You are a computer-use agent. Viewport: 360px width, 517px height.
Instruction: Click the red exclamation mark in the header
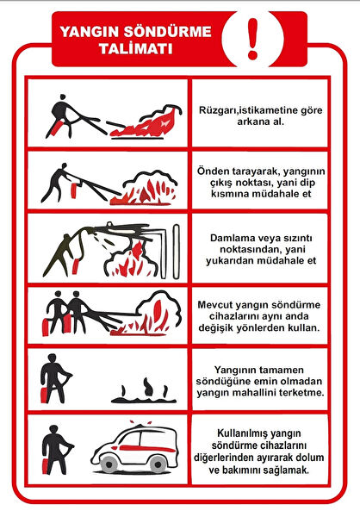(x=253, y=39)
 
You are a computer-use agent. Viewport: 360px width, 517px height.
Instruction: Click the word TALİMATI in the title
(x=135, y=49)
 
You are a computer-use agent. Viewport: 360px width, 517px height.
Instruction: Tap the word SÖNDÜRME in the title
(x=167, y=32)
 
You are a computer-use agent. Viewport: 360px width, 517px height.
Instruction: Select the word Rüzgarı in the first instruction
(x=215, y=110)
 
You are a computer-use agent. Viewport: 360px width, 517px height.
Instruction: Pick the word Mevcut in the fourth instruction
(x=215, y=305)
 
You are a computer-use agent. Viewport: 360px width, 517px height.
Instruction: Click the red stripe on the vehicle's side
(x=146, y=448)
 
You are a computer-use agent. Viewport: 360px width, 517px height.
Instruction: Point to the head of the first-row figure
(x=62, y=97)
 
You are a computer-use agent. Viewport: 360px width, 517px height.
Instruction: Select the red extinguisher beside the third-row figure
(x=76, y=266)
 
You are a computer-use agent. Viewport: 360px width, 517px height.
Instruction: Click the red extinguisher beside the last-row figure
(x=46, y=466)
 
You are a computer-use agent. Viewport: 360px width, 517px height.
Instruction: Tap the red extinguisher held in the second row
(x=74, y=190)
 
